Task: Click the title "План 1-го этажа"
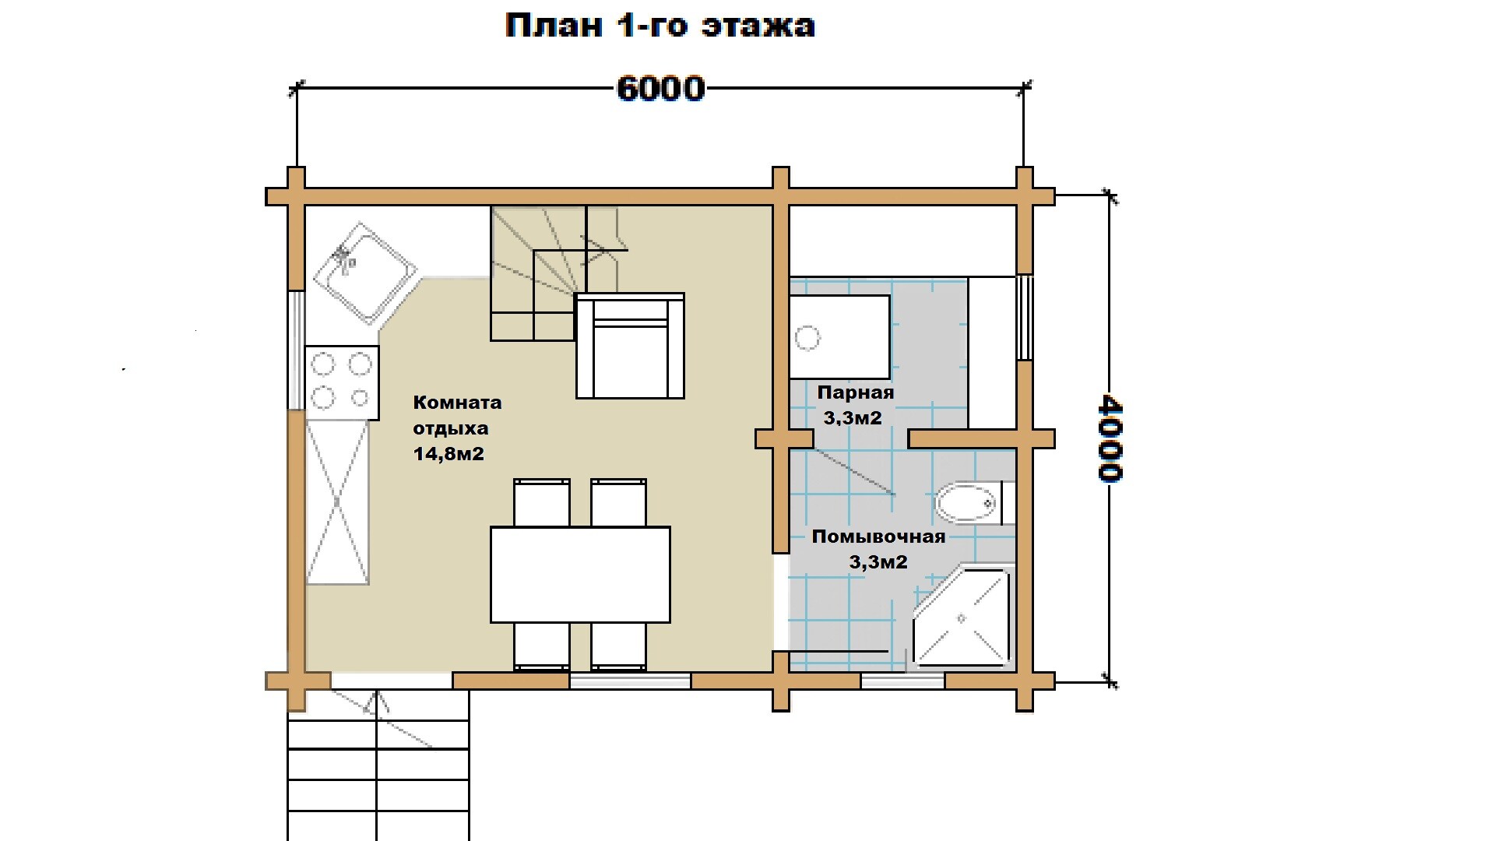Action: pos(660,26)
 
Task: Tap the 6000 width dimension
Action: pos(661,89)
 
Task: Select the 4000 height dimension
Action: pos(1110,438)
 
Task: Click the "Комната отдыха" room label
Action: pos(456,415)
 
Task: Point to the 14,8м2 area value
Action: pos(448,454)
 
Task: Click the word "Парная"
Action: pos(855,392)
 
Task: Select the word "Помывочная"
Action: pos(878,537)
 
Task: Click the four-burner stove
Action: pos(342,382)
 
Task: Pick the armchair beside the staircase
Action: pos(630,346)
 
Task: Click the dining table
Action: pos(580,575)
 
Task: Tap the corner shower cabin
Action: pos(962,618)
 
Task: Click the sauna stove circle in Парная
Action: pos(807,339)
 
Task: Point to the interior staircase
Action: pos(558,273)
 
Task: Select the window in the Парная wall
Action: pos(1025,317)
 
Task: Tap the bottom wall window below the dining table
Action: pos(630,681)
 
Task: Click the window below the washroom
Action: pos(902,681)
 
